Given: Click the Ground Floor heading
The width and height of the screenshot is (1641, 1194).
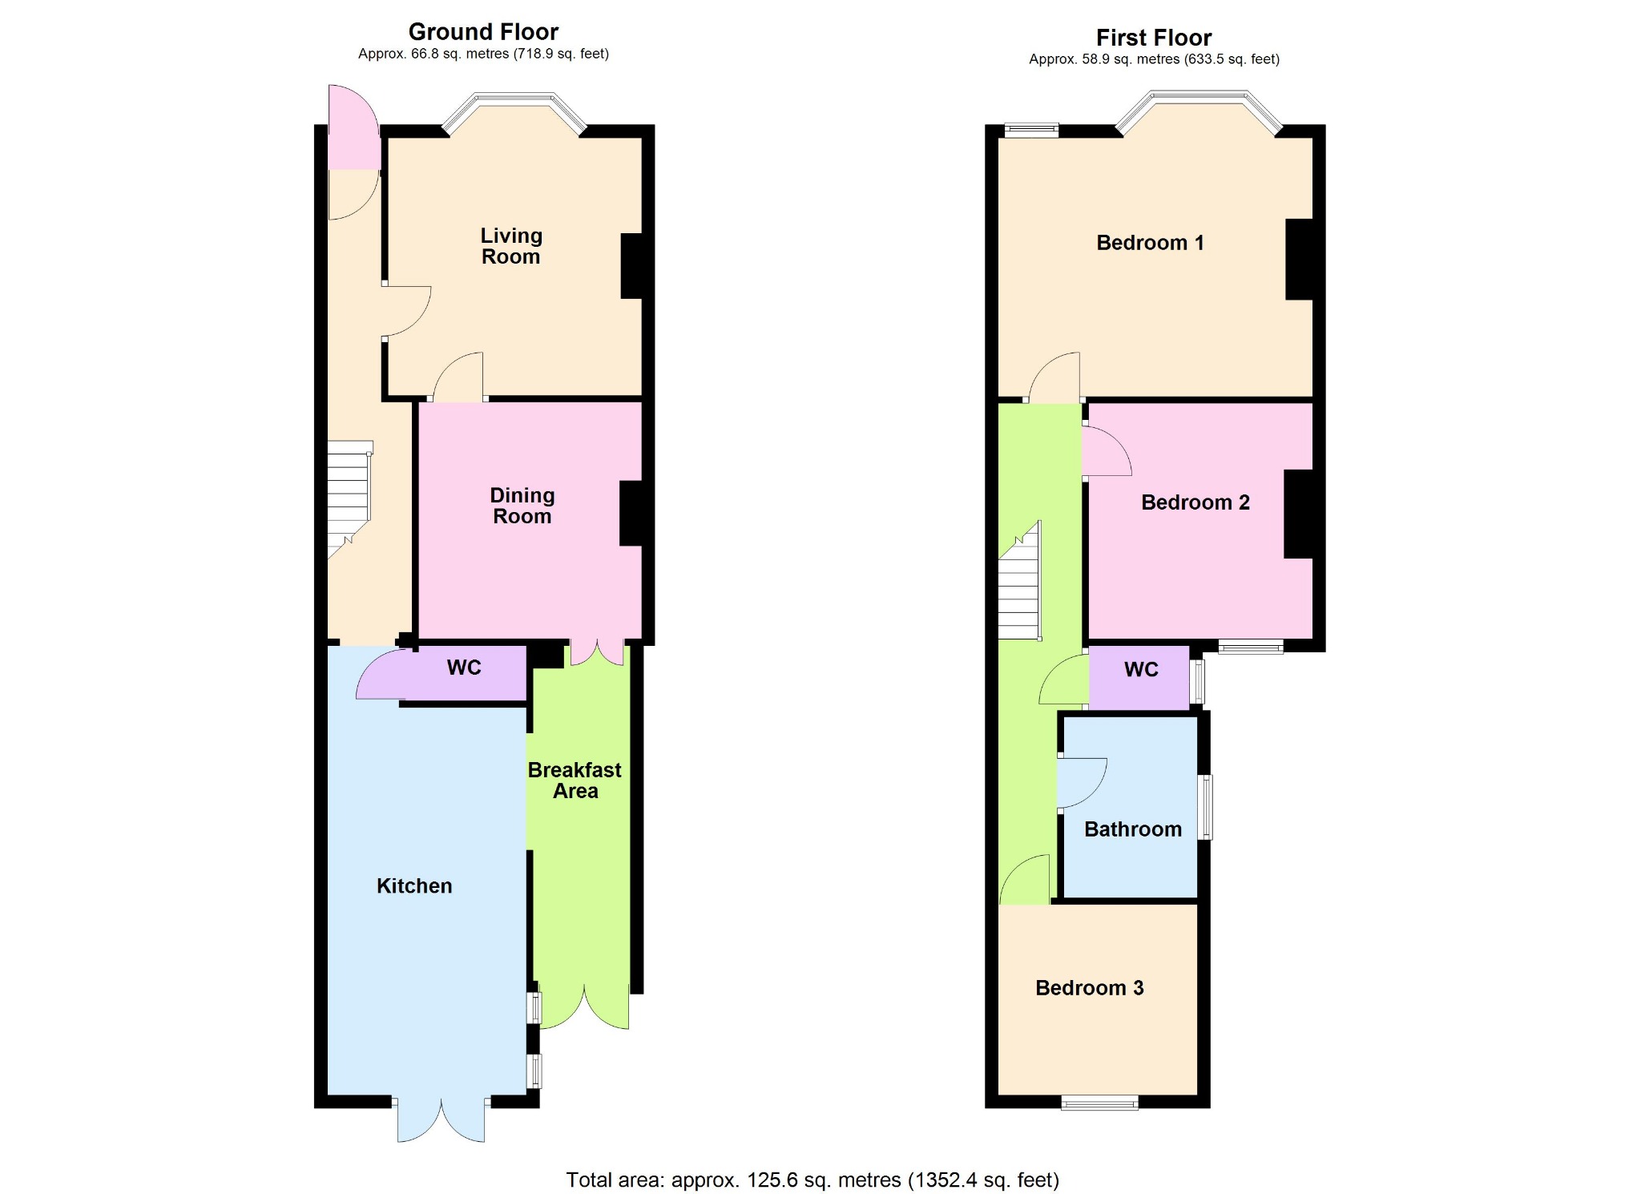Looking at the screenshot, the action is (483, 32).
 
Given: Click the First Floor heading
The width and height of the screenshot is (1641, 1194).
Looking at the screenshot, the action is (1154, 38).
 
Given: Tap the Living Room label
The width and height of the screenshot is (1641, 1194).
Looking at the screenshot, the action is (511, 246).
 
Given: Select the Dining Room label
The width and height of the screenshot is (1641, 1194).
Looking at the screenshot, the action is (522, 506).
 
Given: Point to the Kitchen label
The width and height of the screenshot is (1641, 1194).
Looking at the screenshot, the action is (414, 885).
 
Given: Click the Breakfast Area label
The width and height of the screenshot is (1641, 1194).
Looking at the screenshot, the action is (575, 781).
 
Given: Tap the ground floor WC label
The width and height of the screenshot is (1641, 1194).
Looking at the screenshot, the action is (464, 668).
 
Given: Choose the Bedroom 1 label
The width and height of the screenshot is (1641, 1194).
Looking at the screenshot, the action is (1150, 243).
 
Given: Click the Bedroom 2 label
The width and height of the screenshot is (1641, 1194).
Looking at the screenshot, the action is (1195, 502).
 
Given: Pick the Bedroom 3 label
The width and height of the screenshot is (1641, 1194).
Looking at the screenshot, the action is (1090, 988).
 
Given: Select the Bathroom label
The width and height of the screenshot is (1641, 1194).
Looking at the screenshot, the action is (1133, 829).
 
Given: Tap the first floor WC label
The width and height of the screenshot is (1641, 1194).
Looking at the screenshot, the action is (1141, 670).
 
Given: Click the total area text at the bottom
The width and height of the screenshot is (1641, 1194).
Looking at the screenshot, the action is (812, 1180).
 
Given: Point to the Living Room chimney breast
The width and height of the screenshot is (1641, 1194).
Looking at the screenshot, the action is (631, 266).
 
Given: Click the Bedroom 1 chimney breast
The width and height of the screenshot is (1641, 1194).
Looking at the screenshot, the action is (1299, 259).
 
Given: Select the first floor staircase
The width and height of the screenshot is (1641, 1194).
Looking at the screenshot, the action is (1019, 580).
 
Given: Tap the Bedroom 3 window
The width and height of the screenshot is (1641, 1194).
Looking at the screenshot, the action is (1099, 1103).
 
